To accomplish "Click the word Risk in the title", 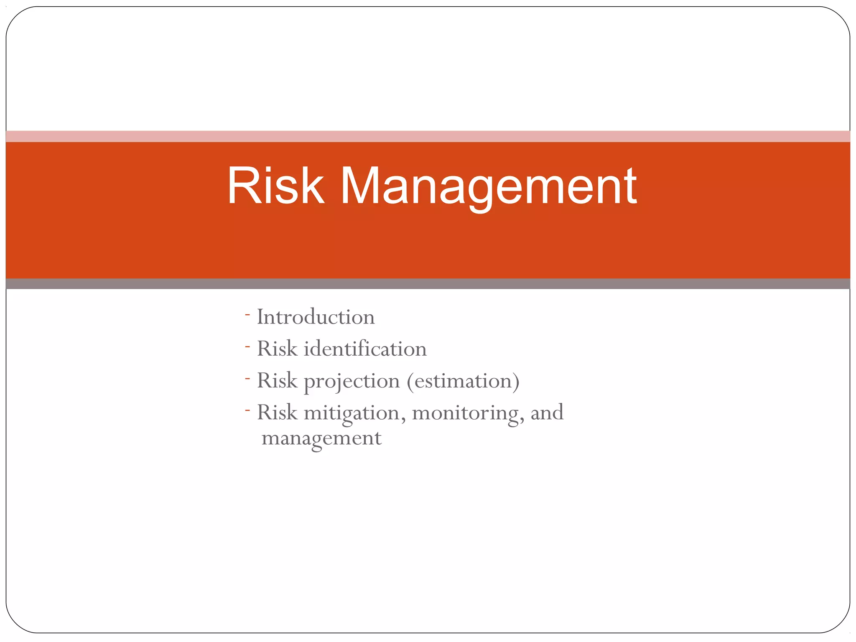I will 275,186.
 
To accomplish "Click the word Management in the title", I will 489,186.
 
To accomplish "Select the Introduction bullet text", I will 316,317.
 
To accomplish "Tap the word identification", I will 365,349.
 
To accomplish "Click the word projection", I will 352,381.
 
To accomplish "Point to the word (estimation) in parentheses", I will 463,381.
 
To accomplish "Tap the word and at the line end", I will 547,412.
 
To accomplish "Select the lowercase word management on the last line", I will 321,438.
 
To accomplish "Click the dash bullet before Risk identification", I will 247,346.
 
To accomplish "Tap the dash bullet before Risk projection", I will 247,379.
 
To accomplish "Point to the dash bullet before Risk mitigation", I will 247,410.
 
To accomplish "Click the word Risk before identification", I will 277,349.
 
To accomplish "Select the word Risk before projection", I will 277,380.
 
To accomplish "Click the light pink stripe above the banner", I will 428,136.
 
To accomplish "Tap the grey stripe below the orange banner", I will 428,284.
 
